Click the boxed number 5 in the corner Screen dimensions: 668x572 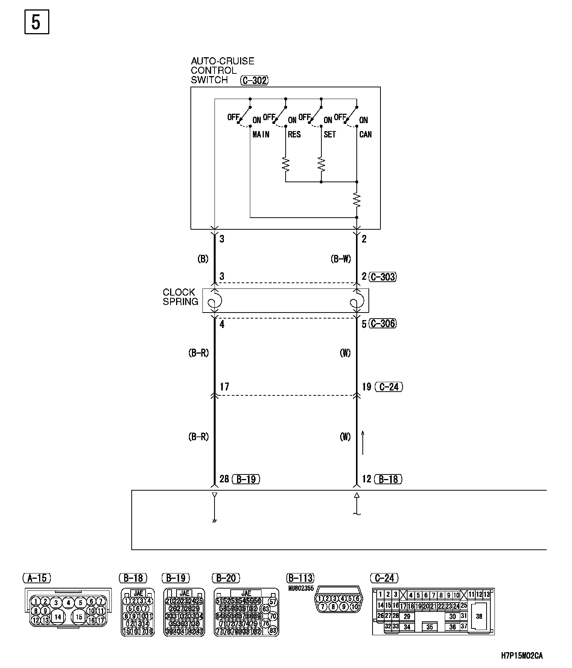37,23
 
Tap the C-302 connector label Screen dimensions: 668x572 254,80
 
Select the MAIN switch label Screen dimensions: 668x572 261,134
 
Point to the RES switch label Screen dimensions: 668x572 294,134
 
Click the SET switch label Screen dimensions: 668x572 330,134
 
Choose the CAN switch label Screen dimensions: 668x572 365,134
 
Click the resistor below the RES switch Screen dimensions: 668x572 286,164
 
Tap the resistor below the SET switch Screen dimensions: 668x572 321,164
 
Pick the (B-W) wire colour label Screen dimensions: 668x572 341,259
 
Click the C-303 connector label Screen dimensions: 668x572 382,277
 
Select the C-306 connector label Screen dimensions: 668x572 382,323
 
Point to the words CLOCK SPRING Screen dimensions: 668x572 180,297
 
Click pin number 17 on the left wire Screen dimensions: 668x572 224,387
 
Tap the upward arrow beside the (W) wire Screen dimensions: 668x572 363,443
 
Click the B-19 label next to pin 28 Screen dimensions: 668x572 246,479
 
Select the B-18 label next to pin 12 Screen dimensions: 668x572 388,479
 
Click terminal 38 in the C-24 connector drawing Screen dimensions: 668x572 479,617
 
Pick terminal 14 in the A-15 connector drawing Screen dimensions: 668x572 58,617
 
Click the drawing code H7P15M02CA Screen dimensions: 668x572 522,656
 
